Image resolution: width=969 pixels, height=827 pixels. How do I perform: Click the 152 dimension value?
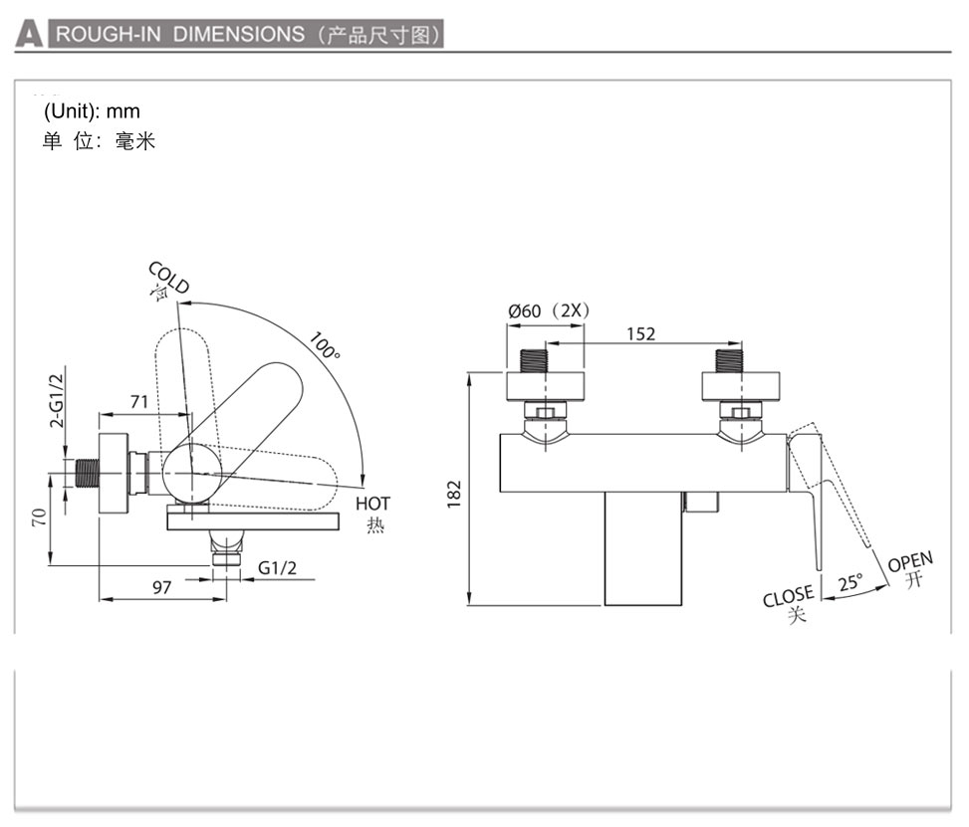click(x=641, y=333)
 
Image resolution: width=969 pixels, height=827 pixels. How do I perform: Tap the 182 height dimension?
click(x=454, y=491)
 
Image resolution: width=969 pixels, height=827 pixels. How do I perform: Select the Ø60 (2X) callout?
click(x=549, y=310)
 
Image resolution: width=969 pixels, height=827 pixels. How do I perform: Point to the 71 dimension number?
click(x=139, y=401)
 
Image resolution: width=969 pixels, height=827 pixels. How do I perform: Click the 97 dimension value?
click(x=161, y=587)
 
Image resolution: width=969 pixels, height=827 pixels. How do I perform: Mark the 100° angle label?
click(x=324, y=345)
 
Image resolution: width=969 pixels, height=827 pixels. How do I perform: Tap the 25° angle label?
click(x=849, y=583)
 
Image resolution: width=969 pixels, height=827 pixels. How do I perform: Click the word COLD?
click(x=168, y=278)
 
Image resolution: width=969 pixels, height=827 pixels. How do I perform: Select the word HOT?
click(x=372, y=504)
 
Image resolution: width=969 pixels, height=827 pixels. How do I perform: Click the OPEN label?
click(x=909, y=563)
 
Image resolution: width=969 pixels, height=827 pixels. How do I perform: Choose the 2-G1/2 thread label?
click(x=57, y=395)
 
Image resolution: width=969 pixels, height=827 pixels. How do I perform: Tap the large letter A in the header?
click(x=29, y=35)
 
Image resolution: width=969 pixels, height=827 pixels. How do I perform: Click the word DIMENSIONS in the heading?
click(x=239, y=34)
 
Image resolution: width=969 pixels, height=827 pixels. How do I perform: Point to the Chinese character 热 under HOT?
click(x=374, y=524)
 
